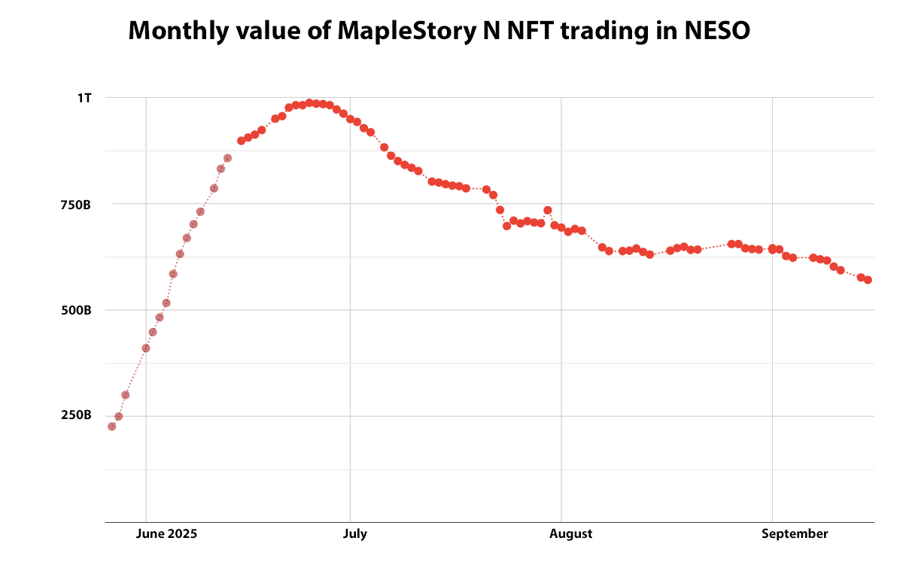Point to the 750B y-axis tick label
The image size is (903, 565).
click(x=76, y=204)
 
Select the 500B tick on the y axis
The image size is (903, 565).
click(x=76, y=310)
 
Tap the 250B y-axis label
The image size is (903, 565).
click(x=76, y=416)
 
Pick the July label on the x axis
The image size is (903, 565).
click(x=355, y=534)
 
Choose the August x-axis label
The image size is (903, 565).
click(x=571, y=534)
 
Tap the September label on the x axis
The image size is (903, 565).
click(x=795, y=534)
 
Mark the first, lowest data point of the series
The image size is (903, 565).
click(x=112, y=427)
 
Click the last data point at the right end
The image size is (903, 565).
click(x=868, y=280)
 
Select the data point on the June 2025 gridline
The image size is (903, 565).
click(x=146, y=348)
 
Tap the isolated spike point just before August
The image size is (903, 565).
click(x=548, y=211)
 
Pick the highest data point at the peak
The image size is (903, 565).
click(x=309, y=103)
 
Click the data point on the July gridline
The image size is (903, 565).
click(x=350, y=119)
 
